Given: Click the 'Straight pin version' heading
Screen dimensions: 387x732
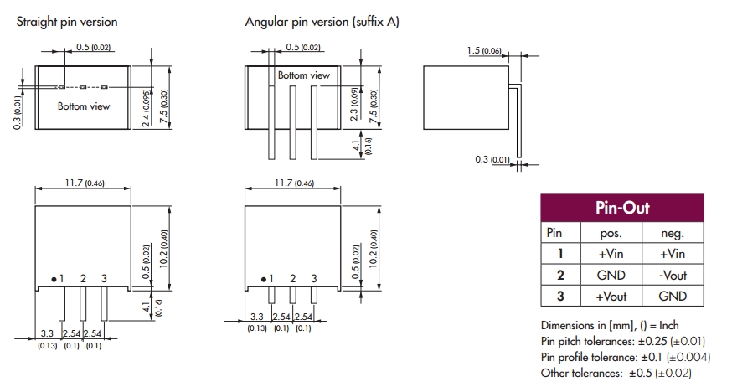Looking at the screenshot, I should pos(67,22).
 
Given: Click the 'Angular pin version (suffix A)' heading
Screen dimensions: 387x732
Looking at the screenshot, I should pos(322,22).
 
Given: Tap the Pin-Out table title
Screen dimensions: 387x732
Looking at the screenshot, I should pos(621,208).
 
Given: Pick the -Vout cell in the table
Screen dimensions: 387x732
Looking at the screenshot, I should pos(673,275).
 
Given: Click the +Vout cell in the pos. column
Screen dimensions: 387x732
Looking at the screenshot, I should pos(611,296).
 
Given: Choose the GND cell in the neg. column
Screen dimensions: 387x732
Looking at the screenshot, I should pos(673,296).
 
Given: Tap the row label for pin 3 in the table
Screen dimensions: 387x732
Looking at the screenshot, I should pos(560,296).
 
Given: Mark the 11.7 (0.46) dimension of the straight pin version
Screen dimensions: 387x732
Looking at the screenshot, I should pos(81,183).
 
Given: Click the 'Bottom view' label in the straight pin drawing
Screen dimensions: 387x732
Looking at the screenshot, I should pos(83,106).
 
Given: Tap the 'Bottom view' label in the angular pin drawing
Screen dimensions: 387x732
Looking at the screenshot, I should pos(304,75).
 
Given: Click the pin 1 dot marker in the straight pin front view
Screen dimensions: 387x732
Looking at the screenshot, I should pos(53,278).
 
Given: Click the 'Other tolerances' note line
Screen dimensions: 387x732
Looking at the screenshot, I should pos(616,373).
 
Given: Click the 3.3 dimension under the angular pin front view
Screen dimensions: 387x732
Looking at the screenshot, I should pos(257,317).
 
